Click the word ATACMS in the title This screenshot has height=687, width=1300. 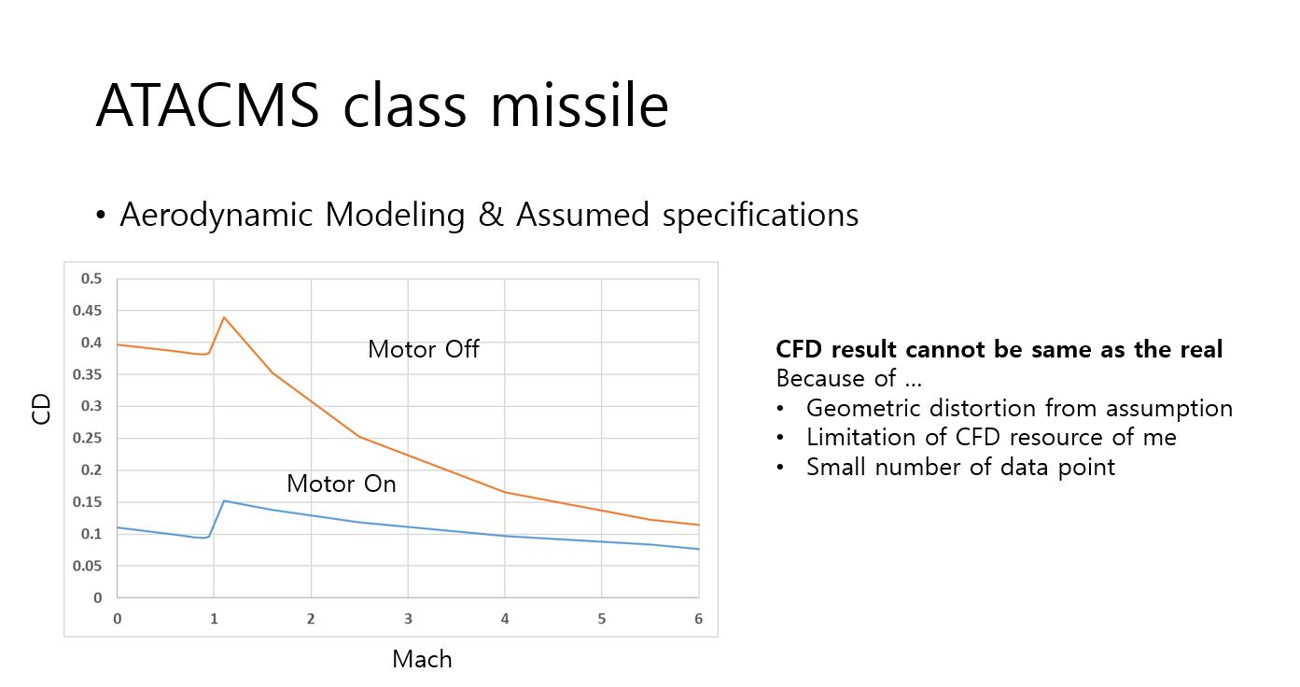coord(208,105)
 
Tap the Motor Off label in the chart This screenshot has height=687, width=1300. coord(423,349)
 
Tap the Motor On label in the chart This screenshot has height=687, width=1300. coord(341,484)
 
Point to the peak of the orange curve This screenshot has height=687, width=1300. coord(224,317)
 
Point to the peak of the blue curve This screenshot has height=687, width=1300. coord(224,500)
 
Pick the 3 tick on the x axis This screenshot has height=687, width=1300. coord(408,619)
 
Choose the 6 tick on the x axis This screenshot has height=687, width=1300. coord(698,619)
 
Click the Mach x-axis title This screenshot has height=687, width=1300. coord(422,659)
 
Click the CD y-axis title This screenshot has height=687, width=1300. coord(41,409)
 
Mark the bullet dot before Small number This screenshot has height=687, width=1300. coord(781,467)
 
